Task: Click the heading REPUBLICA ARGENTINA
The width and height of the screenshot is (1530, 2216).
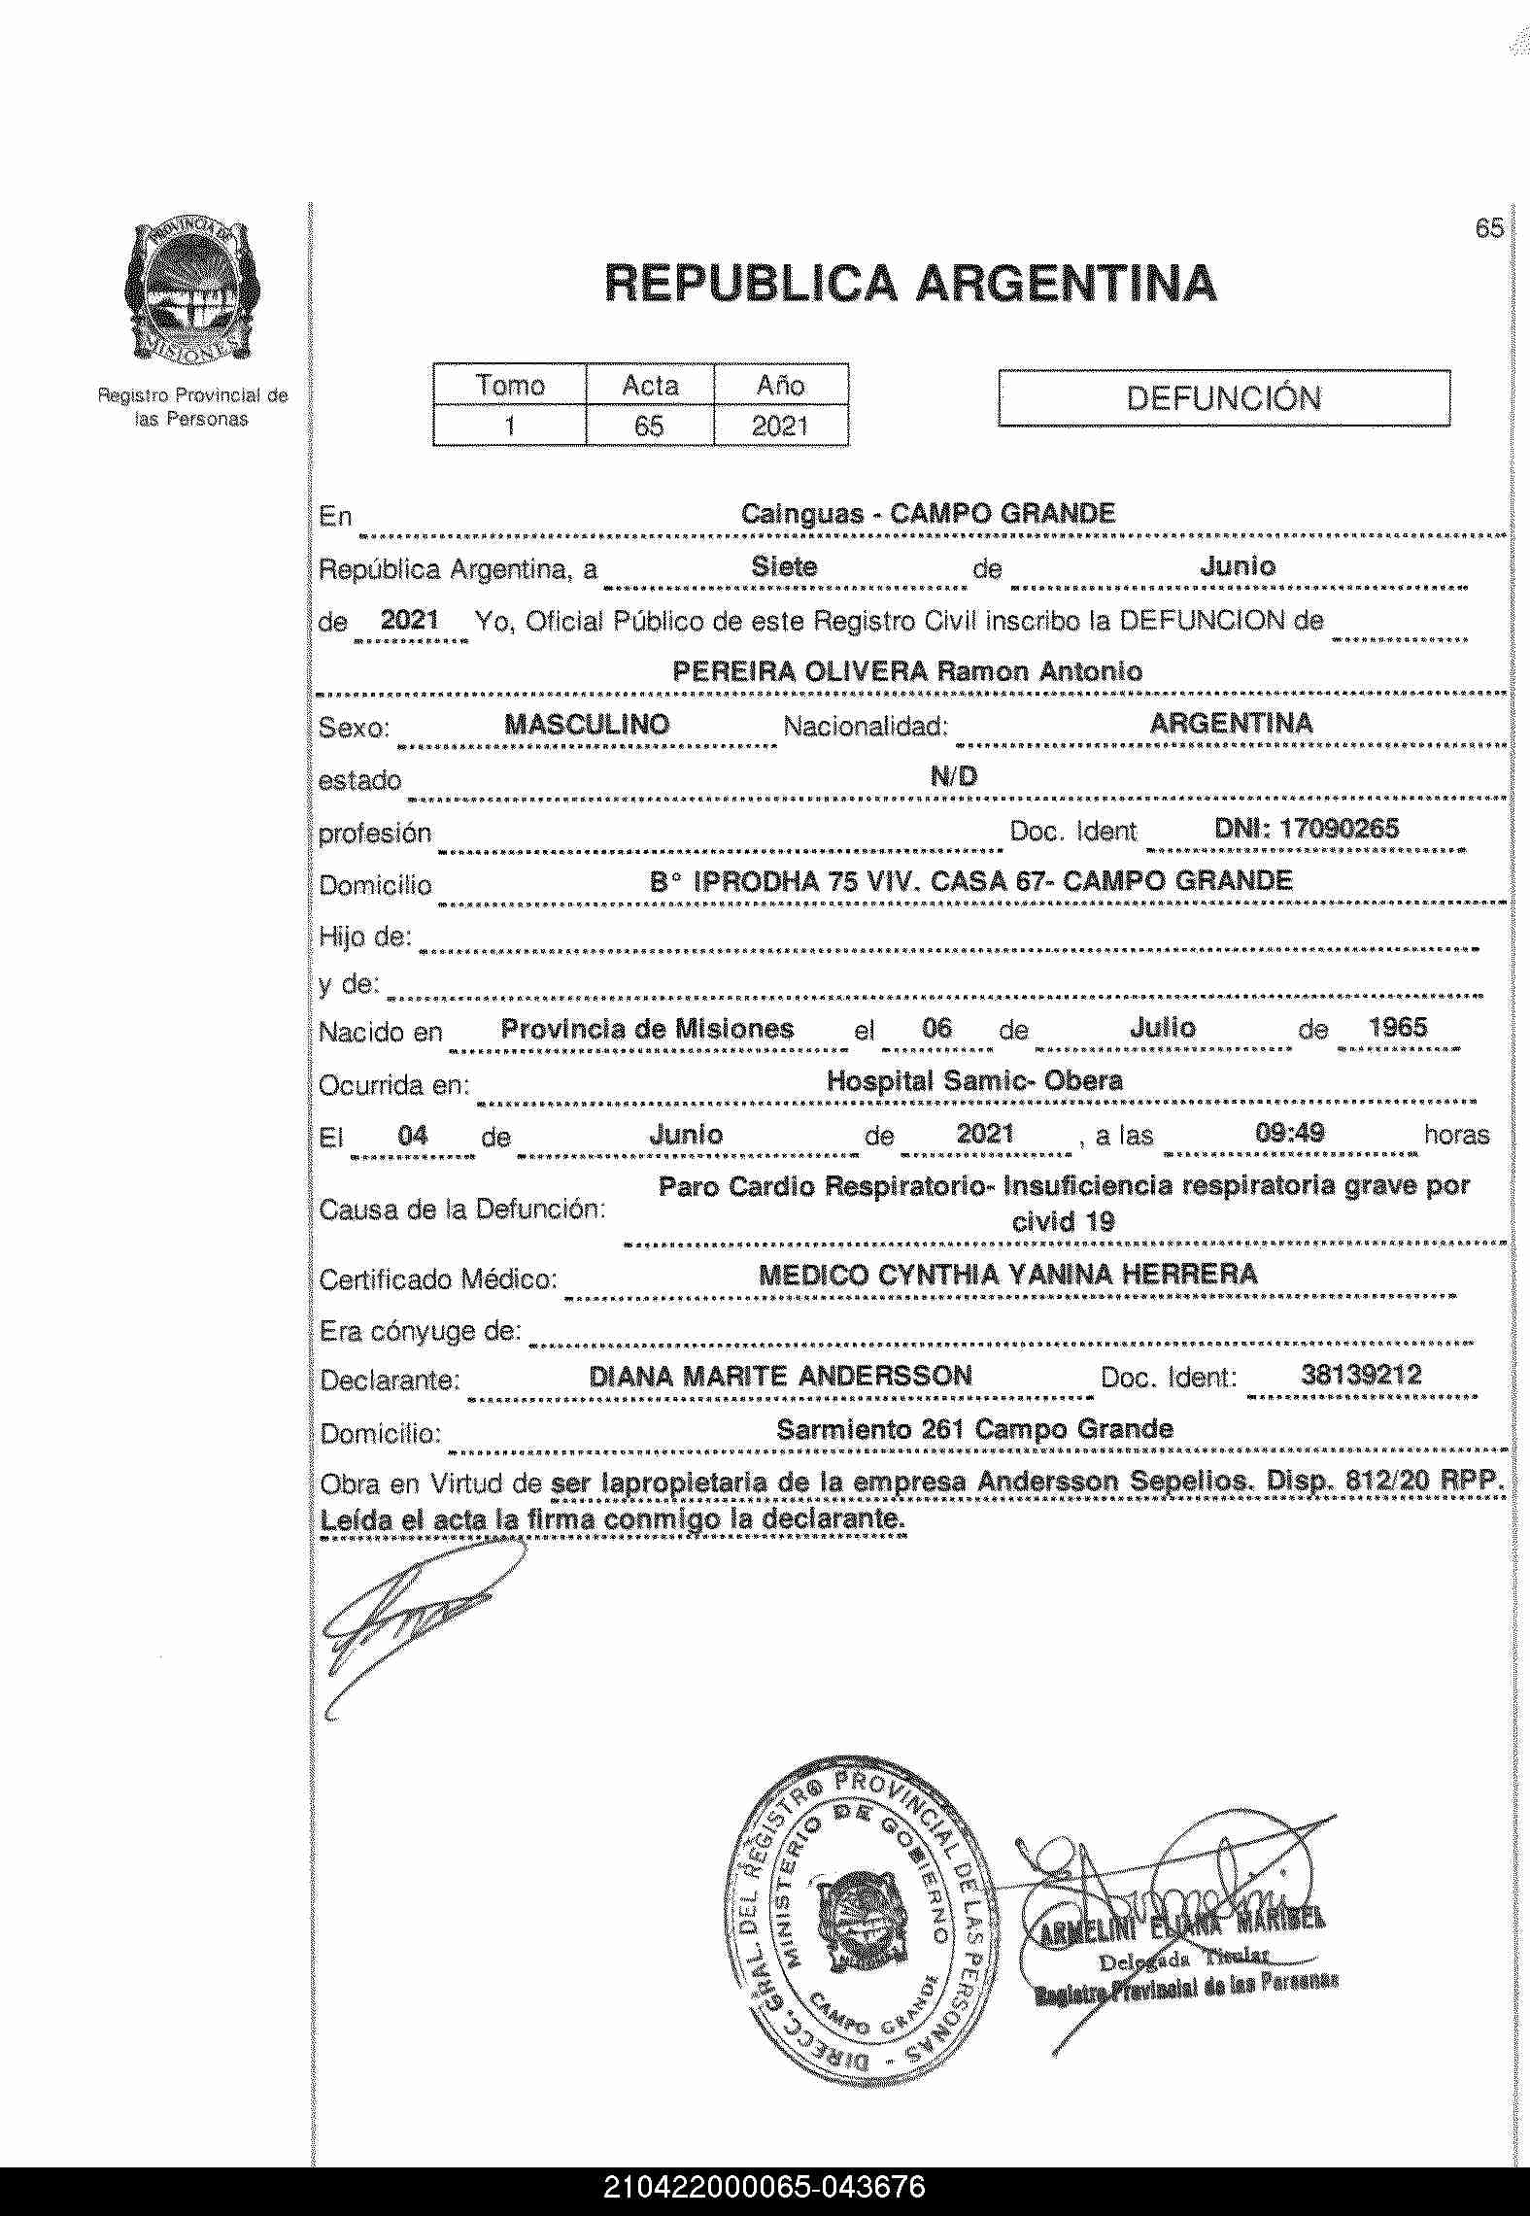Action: (909, 284)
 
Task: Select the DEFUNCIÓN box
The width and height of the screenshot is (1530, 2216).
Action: (1223, 398)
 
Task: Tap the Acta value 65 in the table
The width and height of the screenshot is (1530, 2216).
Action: (649, 426)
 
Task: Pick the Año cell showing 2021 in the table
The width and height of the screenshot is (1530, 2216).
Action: (780, 426)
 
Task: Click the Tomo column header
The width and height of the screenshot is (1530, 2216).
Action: (510, 386)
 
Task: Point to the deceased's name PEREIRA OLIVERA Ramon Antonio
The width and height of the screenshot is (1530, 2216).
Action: (906, 671)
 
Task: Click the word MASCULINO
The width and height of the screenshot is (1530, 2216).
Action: (587, 724)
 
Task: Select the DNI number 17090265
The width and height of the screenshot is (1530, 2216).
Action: (1306, 829)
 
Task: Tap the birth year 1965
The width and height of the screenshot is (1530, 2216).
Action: (1397, 1028)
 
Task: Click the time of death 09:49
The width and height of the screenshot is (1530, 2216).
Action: (1290, 1133)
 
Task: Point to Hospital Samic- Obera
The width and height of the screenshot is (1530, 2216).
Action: (973, 1080)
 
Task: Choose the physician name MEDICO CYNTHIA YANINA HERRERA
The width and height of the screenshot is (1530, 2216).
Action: (1007, 1275)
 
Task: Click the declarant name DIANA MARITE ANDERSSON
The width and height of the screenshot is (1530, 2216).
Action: (780, 1376)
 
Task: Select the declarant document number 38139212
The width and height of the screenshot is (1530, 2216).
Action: (1360, 1375)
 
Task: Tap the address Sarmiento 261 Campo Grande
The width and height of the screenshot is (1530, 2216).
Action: (974, 1429)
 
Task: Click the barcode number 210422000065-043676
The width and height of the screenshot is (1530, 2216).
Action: (765, 2187)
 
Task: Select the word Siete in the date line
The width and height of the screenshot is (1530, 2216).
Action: (784, 567)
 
